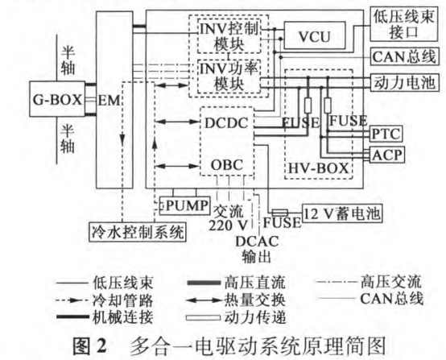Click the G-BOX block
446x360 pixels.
(57, 99)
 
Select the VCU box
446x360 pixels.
(315, 35)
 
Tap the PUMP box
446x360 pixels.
(185, 205)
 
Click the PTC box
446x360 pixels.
(386, 134)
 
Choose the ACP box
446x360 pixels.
(387, 155)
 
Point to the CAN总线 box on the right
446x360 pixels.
(404, 56)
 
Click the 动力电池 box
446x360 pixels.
(404, 83)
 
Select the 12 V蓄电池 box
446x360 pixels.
(342, 213)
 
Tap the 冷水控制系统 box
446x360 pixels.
(138, 232)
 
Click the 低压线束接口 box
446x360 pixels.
(404, 24)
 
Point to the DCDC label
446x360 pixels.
(226, 123)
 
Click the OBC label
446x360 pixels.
(227, 165)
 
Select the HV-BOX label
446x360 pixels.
(318, 168)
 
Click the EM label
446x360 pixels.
(109, 100)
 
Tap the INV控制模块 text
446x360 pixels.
(229, 36)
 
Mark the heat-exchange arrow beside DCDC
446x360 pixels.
(177, 122)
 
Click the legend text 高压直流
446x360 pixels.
(254, 283)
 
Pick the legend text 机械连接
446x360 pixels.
(123, 317)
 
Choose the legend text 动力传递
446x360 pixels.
(254, 317)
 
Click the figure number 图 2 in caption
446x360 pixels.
(89, 346)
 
